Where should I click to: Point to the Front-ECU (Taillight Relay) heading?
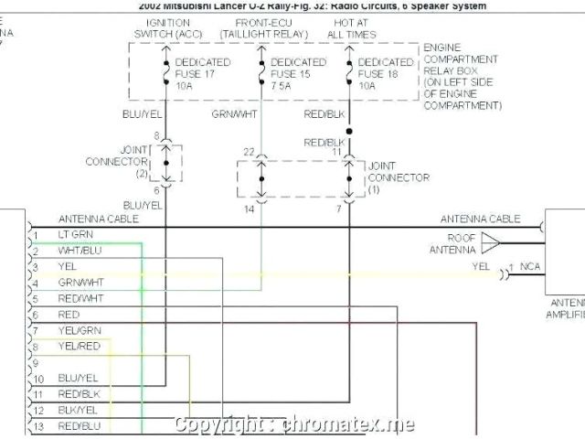point(262,27)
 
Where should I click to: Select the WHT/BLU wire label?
point(80,251)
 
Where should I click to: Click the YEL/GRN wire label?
point(80,329)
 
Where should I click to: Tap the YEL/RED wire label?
point(80,346)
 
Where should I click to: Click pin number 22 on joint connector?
point(249,151)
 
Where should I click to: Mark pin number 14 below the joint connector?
point(249,210)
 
